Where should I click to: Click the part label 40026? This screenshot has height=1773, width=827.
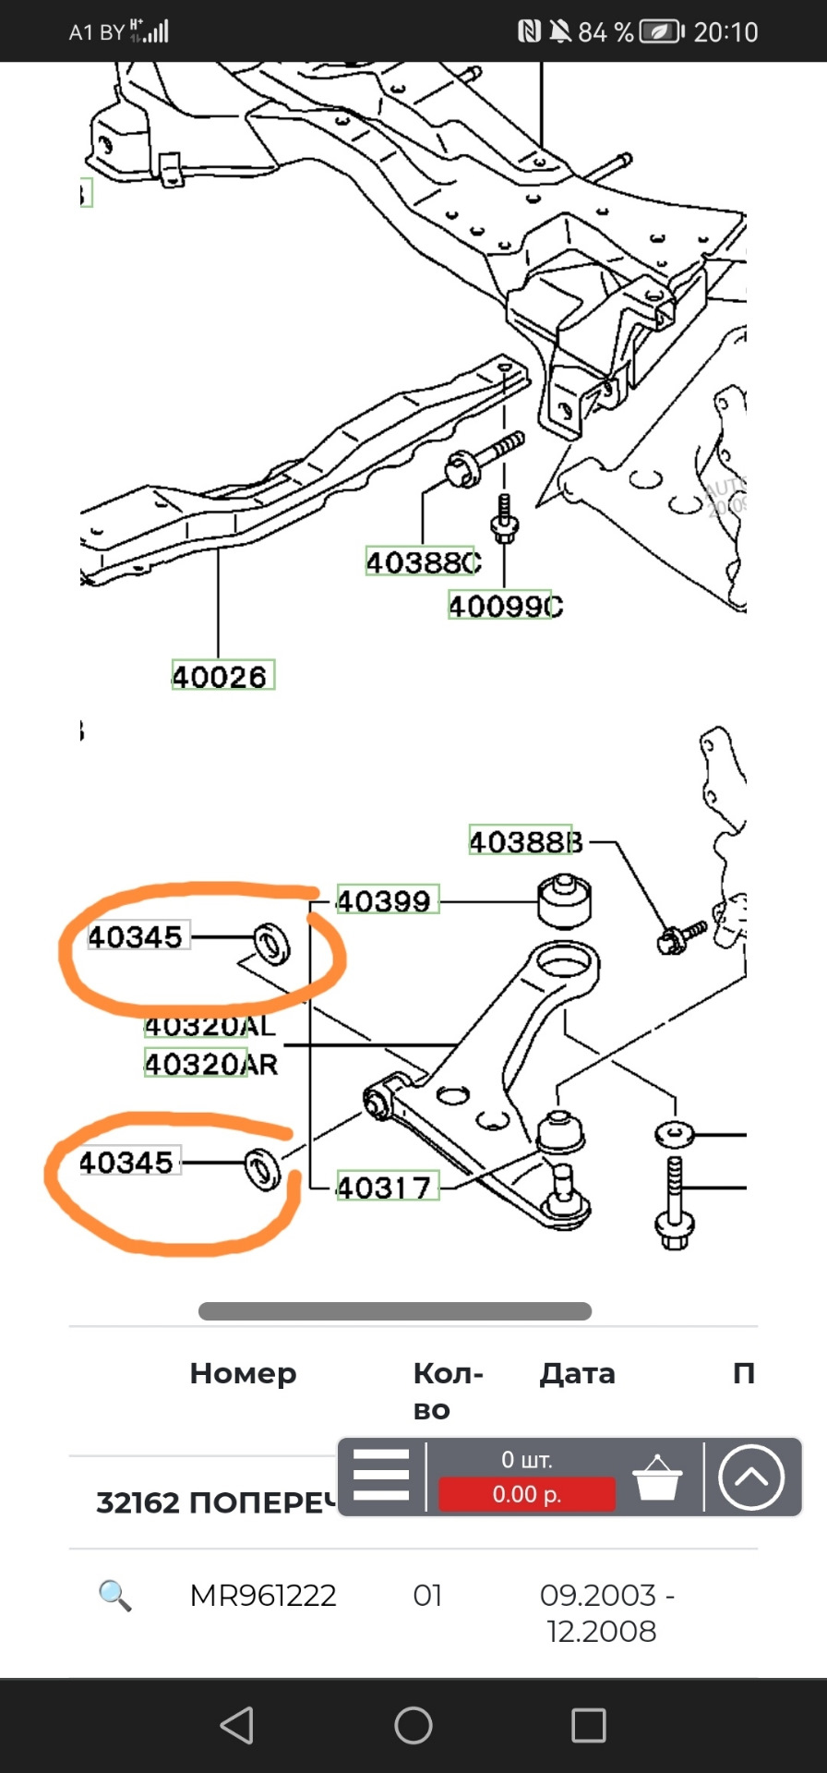pyautogui.click(x=222, y=676)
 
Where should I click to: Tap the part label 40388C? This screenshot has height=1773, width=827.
pyautogui.click(x=423, y=561)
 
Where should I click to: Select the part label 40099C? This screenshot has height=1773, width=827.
pyautogui.click(x=504, y=606)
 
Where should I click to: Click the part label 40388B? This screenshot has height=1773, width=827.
pyautogui.click(x=525, y=841)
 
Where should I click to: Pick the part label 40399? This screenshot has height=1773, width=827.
pyautogui.click(x=386, y=900)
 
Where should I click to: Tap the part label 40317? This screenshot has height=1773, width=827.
pyautogui.click(x=386, y=1187)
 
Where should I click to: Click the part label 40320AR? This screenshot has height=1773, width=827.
pyautogui.click(x=210, y=1064)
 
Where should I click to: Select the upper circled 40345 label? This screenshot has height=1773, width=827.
pyautogui.click(x=137, y=936)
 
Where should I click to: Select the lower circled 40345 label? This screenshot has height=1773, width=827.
pyautogui.click(x=127, y=1162)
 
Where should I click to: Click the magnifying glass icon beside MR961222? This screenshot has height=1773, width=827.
pyautogui.click(x=114, y=1595)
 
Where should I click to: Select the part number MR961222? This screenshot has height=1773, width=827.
pyautogui.click(x=263, y=1595)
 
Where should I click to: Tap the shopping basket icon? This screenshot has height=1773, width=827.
pyautogui.click(x=657, y=1477)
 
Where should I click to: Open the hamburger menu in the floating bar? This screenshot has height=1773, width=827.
pyautogui.click(x=380, y=1475)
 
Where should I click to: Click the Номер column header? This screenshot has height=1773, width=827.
pyautogui.click(x=243, y=1373)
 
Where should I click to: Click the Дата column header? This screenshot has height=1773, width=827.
pyautogui.click(x=577, y=1373)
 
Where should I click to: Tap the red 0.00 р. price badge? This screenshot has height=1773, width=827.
pyautogui.click(x=526, y=1493)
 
